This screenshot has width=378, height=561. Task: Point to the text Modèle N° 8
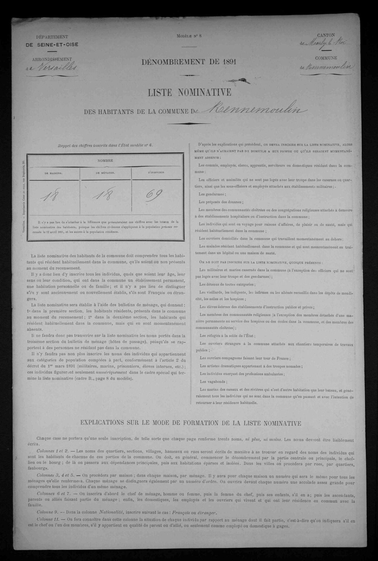coord(189,36)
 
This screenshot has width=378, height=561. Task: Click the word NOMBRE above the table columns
coord(105,161)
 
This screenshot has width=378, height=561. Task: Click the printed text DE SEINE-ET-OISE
coord(52,44)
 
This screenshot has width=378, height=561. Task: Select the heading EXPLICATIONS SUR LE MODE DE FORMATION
coord(191,423)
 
